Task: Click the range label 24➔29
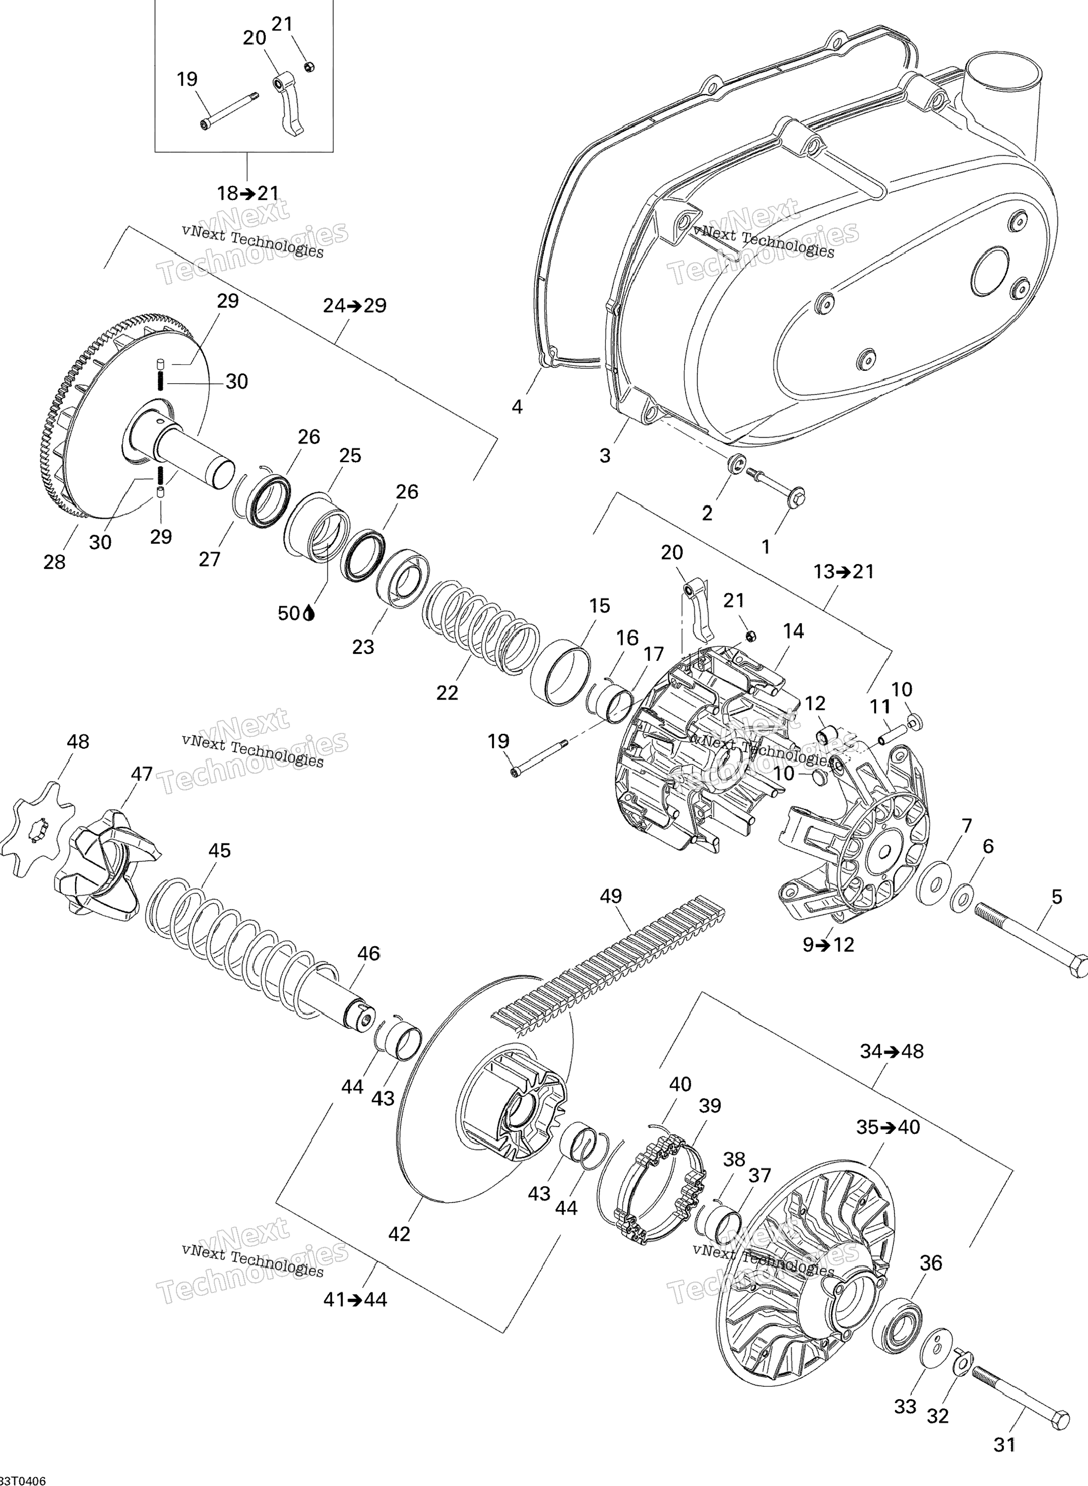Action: pyautogui.click(x=354, y=306)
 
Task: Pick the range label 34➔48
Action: pyautogui.click(x=892, y=1051)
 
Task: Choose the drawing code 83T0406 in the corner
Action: pyautogui.click(x=24, y=1476)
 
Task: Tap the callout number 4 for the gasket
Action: pyautogui.click(x=517, y=407)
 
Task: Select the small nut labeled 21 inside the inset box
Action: pyautogui.click(x=310, y=66)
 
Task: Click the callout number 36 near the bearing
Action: pyautogui.click(x=931, y=1263)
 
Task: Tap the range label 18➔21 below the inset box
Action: pyautogui.click(x=248, y=193)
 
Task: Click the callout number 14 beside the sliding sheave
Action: pyautogui.click(x=793, y=631)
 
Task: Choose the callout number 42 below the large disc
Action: pyautogui.click(x=399, y=1234)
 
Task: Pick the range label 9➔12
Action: pyautogui.click(x=828, y=945)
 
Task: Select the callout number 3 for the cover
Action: pyautogui.click(x=604, y=455)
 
